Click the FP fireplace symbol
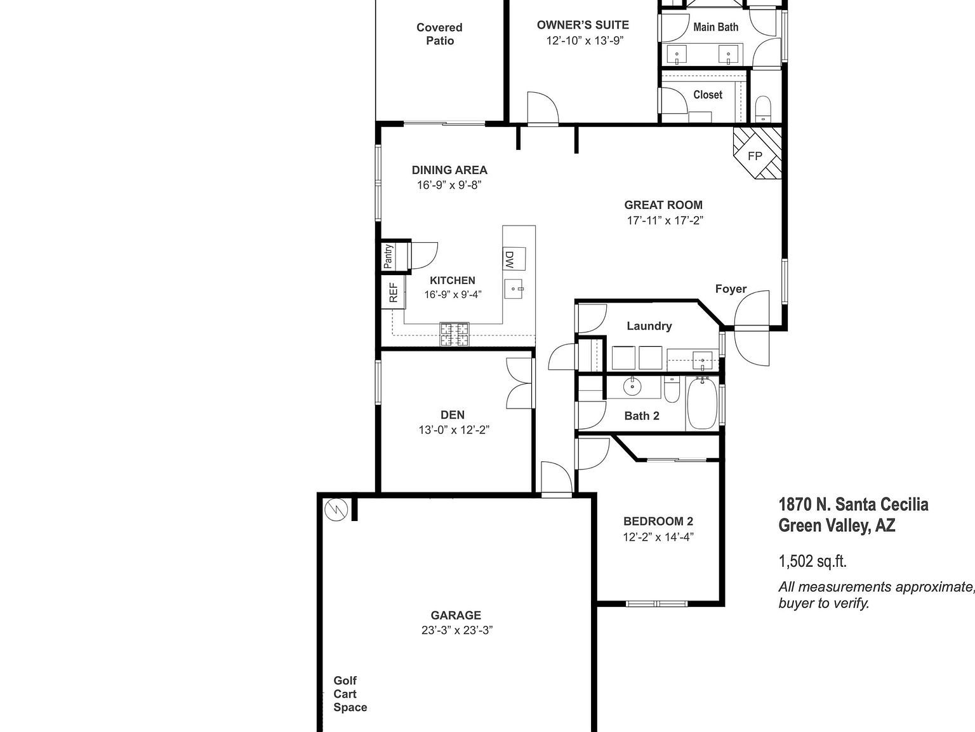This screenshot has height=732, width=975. [x=755, y=155]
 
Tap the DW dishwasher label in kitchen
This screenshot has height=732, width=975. [x=509, y=258]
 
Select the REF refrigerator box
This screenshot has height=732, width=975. [x=393, y=292]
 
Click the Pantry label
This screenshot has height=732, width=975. [x=388, y=256]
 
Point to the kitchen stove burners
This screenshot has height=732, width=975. [x=454, y=335]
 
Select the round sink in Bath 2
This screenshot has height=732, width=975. [x=632, y=386]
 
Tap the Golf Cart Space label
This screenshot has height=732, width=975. [x=350, y=694]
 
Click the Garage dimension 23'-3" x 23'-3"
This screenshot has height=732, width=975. [x=456, y=630]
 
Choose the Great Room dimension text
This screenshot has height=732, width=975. [x=664, y=220]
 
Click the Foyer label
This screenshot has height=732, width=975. [x=731, y=289]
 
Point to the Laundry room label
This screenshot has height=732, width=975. [x=649, y=326]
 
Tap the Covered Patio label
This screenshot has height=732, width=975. [x=439, y=34]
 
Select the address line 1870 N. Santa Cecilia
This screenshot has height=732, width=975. [x=853, y=505]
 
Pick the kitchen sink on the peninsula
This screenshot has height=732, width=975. [x=514, y=289]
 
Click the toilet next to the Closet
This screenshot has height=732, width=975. [x=763, y=108]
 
